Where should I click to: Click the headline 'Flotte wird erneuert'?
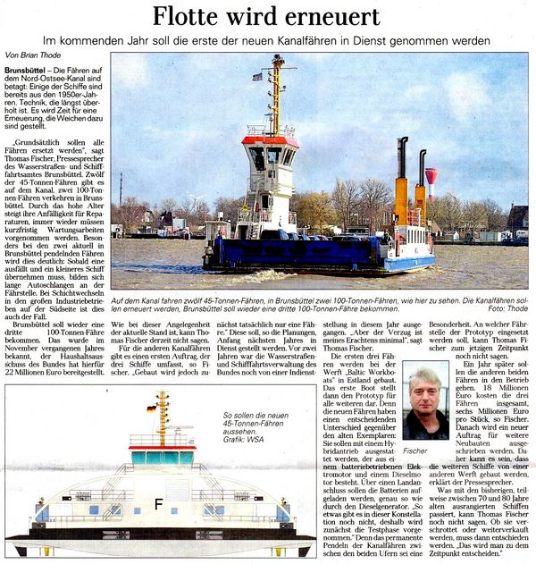coord(265,16)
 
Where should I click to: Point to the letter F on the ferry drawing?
coord(158,503)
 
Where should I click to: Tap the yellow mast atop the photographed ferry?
coord(276,94)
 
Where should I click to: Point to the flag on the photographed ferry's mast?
coord(257,77)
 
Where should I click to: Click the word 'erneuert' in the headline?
coord(331,16)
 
